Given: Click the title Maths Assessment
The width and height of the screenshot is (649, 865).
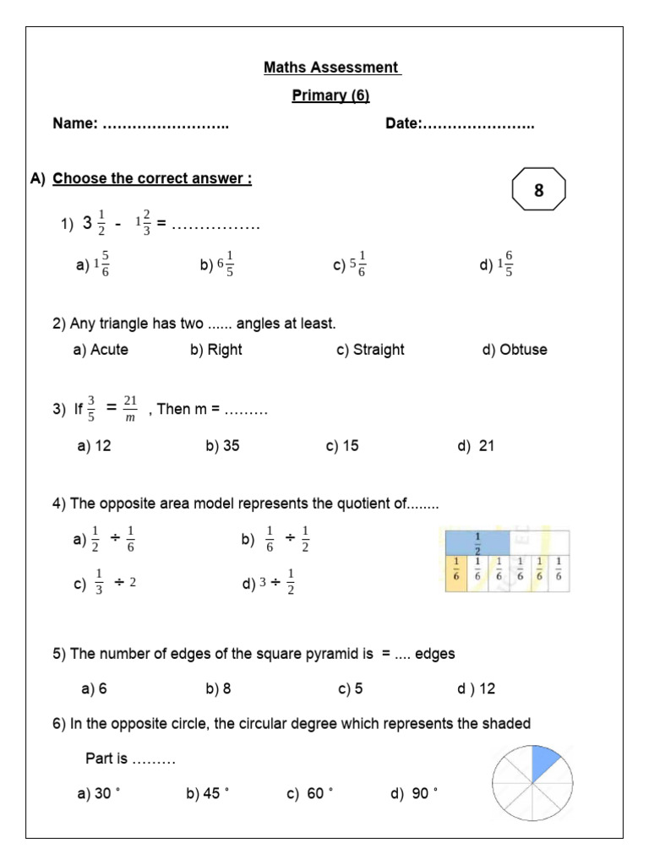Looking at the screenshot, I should [x=331, y=67].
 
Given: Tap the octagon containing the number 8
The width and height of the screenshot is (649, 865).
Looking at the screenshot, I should [x=538, y=192].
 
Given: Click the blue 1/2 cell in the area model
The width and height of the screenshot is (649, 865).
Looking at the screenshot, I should [x=476, y=541].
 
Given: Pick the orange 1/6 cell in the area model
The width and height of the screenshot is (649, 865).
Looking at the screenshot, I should [x=456, y=569].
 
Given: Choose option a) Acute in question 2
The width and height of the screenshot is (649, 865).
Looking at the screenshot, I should [x=101, y=350].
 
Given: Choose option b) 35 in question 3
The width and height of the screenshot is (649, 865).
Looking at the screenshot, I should [x=222, y=446].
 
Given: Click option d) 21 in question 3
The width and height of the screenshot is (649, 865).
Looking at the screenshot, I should [x=476, y=446].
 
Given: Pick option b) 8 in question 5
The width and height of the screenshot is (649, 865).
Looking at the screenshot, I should [x=218, y=688].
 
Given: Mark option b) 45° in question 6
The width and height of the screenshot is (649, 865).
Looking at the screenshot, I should [x=207, y=793].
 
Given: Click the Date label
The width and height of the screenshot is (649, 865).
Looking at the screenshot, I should [x=403, y=124].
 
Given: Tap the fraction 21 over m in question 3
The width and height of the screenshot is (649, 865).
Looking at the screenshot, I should [x=129, y=409].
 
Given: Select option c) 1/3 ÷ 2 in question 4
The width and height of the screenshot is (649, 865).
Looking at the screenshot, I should [x=106, y=583].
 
